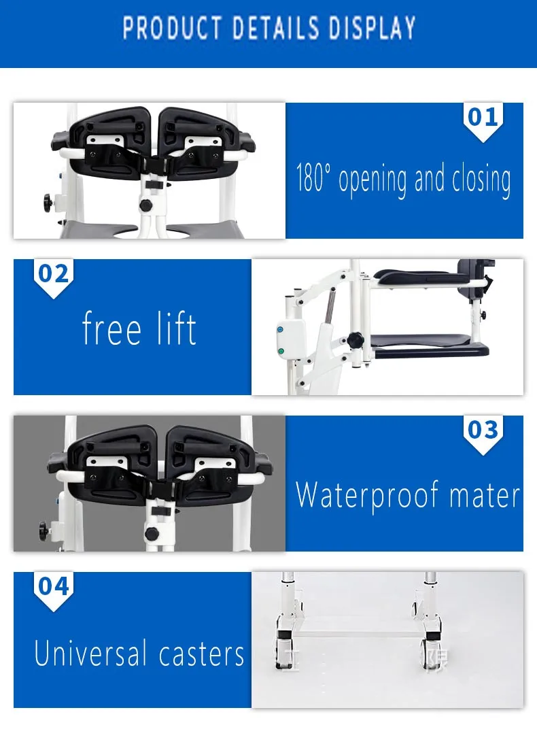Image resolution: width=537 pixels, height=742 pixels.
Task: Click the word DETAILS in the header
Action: click(x=277, y=29)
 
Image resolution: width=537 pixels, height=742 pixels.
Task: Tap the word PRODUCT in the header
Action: click(x=172, y=29)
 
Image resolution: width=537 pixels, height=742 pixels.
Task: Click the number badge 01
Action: click(x=483, y=118)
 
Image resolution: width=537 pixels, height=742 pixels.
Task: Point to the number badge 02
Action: click(x=54, y=274)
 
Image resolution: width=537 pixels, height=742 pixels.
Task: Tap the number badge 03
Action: click(x=483, y=431)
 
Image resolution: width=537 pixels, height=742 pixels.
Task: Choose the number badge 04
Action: click(x=54, y=586)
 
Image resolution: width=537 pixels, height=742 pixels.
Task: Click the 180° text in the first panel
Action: click(x=315, y=179)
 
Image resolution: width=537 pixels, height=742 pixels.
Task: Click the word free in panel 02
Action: click(x=111, y=329)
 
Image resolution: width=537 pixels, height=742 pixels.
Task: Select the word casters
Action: click(x=201, y=654)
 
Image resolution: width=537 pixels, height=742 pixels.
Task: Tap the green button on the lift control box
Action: click(x=281, y=352)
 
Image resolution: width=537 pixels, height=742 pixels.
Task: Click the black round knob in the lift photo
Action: click(x=356, y=339)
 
